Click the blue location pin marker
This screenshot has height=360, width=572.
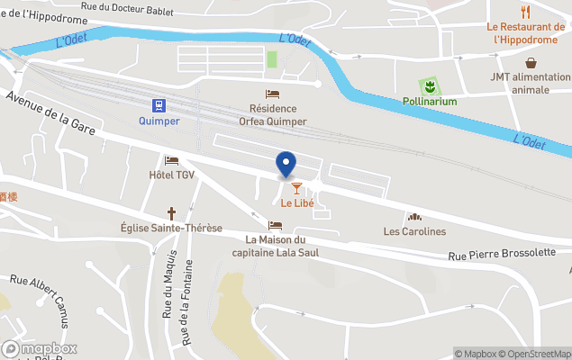pos(286,164)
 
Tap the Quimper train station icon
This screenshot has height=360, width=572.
pos(159,104)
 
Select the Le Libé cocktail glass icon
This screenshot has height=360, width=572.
pos(296,187)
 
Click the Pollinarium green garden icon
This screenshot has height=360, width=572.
pos(430,86)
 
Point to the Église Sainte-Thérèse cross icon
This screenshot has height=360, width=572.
pos(171,213)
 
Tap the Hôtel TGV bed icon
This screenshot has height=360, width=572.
pos(171,160)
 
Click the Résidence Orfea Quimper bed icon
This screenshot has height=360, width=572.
pos(272,94)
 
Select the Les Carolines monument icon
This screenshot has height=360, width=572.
pos(414,217)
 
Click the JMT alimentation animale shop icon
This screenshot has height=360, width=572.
pos(531,63)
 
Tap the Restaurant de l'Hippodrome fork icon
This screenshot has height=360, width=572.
pos(525,12)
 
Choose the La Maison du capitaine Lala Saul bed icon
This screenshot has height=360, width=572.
pos(275,225)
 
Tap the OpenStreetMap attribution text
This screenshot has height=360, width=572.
pos(536,353)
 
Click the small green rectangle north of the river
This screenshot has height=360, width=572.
pos(272,59)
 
